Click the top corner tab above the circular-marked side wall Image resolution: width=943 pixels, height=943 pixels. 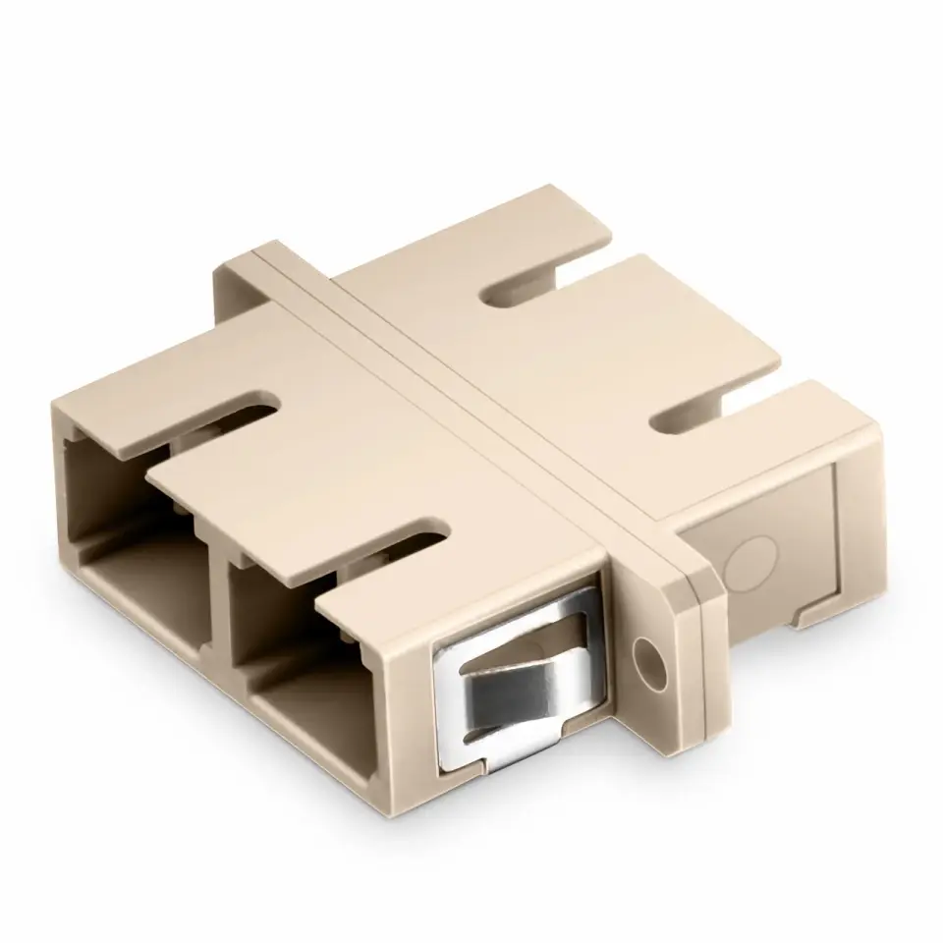(x=786, y=432)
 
